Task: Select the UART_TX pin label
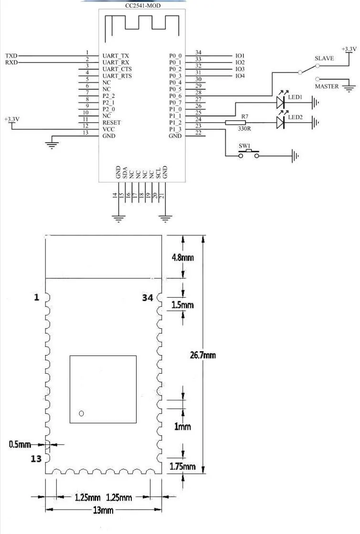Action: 116,56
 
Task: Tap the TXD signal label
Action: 11,56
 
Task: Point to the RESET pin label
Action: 112,123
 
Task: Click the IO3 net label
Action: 240,69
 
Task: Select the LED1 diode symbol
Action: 280,101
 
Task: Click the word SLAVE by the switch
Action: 324,58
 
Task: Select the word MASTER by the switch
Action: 327,86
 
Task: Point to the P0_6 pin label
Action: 175,96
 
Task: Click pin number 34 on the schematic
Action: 198,52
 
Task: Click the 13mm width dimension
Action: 103,510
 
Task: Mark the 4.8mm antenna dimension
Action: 183,258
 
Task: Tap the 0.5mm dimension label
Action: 20,444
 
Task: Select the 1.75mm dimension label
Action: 182,466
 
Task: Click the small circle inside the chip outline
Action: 81,414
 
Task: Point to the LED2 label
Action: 295,117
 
